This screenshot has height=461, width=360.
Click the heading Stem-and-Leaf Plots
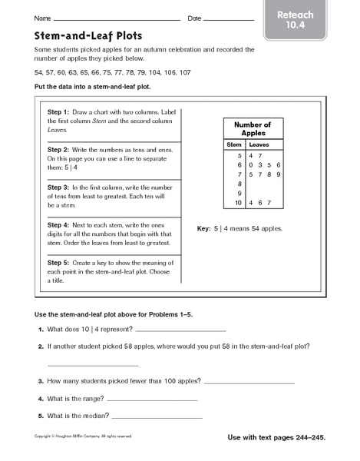[x=76, y=35]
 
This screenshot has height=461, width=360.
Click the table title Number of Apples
[x=253, y=129]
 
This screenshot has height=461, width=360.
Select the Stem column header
[x=234, y=144]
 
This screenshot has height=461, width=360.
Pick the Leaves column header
[x=259, y=144]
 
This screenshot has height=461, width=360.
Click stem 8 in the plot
[x=239, y=184]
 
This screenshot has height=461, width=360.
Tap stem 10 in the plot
[x=238, y=204]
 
